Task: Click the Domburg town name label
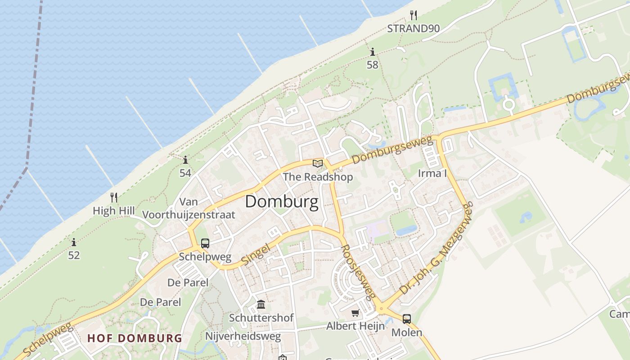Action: coord(282,202)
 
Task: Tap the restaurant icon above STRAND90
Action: coord(414,16)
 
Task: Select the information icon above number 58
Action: coord(372,52)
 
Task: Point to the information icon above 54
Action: coord(185,160)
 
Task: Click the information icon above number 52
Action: coord(74,243)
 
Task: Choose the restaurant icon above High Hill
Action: coord(114,197)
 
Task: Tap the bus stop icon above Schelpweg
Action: coord(205,243)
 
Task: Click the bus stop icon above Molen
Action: coord(407,319)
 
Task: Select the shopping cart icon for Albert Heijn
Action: coord(355,313)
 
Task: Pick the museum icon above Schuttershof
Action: coord(261,305)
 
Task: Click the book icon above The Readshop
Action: coord(318,163)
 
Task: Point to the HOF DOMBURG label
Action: coord(135,338)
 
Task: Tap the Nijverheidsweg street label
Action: coord(243,336)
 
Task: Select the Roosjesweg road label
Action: coord(358,273)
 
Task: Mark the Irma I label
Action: coord(432,174)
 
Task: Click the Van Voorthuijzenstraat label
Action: coord(189,208)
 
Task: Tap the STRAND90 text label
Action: coord(414,29)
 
